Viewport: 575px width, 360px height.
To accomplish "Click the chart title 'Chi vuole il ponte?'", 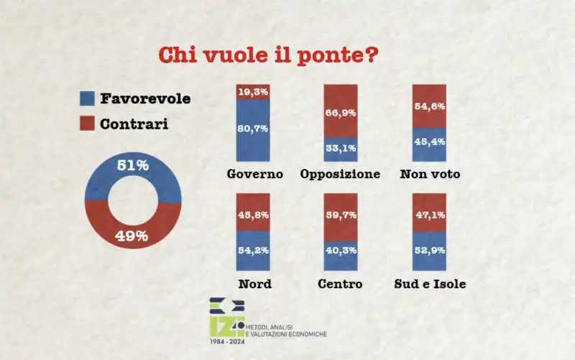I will coord(267,55).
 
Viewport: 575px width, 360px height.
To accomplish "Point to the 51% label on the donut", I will coord(133,165).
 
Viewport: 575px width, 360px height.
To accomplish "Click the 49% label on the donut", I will coord(132,236).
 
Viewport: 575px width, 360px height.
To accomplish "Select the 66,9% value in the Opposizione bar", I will coord(340,113).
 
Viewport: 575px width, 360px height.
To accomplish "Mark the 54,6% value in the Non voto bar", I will coord(429,107).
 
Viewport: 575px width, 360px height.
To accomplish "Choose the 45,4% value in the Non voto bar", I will coord(429,142).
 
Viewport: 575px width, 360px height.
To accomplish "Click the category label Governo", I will coord(254,175).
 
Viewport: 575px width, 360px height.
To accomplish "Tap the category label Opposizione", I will coord(340,175).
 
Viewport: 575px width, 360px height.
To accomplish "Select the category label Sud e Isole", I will coord(431,284).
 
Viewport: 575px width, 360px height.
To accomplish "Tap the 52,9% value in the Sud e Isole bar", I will coord(429,250).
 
